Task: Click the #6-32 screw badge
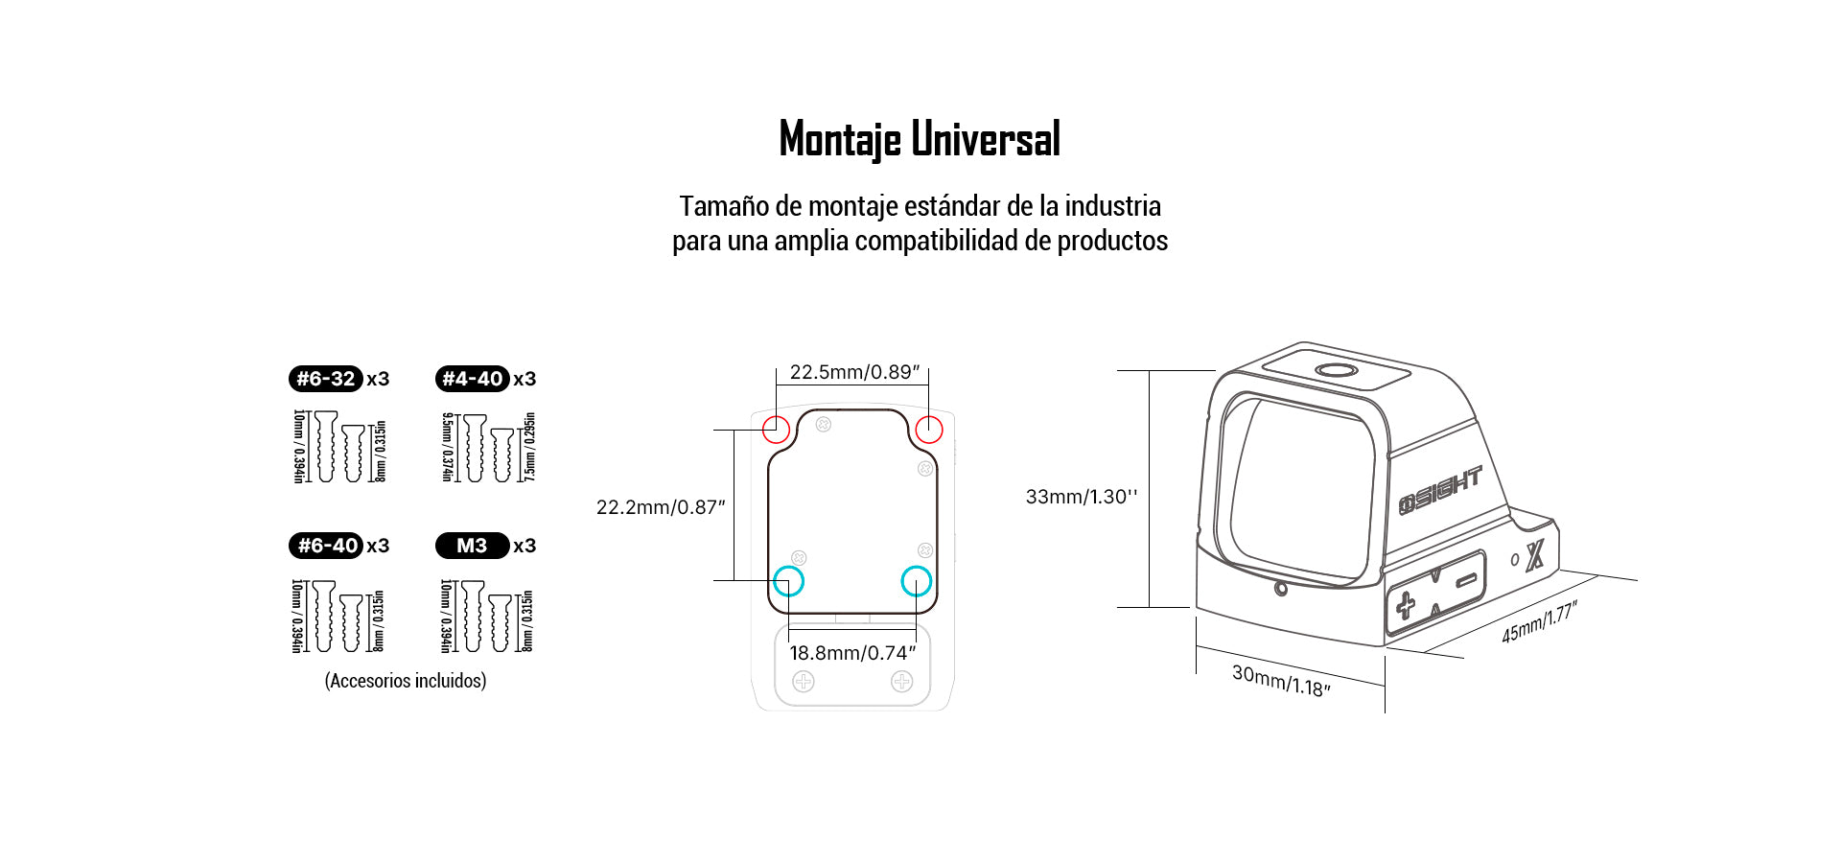point(326,379)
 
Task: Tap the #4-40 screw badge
point(472,379)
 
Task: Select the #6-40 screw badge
point(326,546)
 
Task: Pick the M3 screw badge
point(472,546)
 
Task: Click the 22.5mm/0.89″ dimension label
point(854,372)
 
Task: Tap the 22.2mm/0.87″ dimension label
point(661,507)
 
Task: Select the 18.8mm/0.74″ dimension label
point(852,653)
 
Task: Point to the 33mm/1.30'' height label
point(1082,497)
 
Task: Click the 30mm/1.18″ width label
point(1281,681)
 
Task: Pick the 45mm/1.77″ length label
point(1539,621)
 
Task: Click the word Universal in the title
point(986,139)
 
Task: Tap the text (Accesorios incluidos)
point(406,681)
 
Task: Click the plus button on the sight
point(1406,605)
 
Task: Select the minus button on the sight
point(1466,580)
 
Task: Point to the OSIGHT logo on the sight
point(1440,490)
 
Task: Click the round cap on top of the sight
point(1336,371)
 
